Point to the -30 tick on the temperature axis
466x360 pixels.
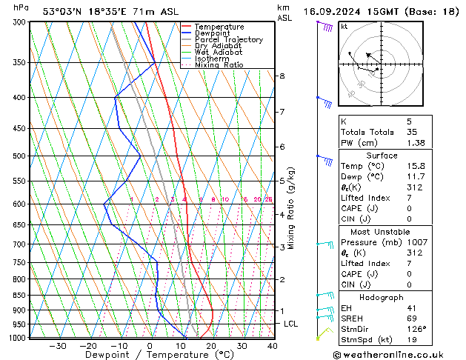[x=58, y=346]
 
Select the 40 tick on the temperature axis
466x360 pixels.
[x=272, y=346]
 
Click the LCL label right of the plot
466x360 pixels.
[x=291, y=324]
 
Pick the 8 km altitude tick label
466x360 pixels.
[x=282, y=76]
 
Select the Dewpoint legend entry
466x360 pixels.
[x=213, y=33]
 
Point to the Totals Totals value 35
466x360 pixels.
[x=412, y=131]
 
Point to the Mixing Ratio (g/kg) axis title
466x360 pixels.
[x=292, y=208]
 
